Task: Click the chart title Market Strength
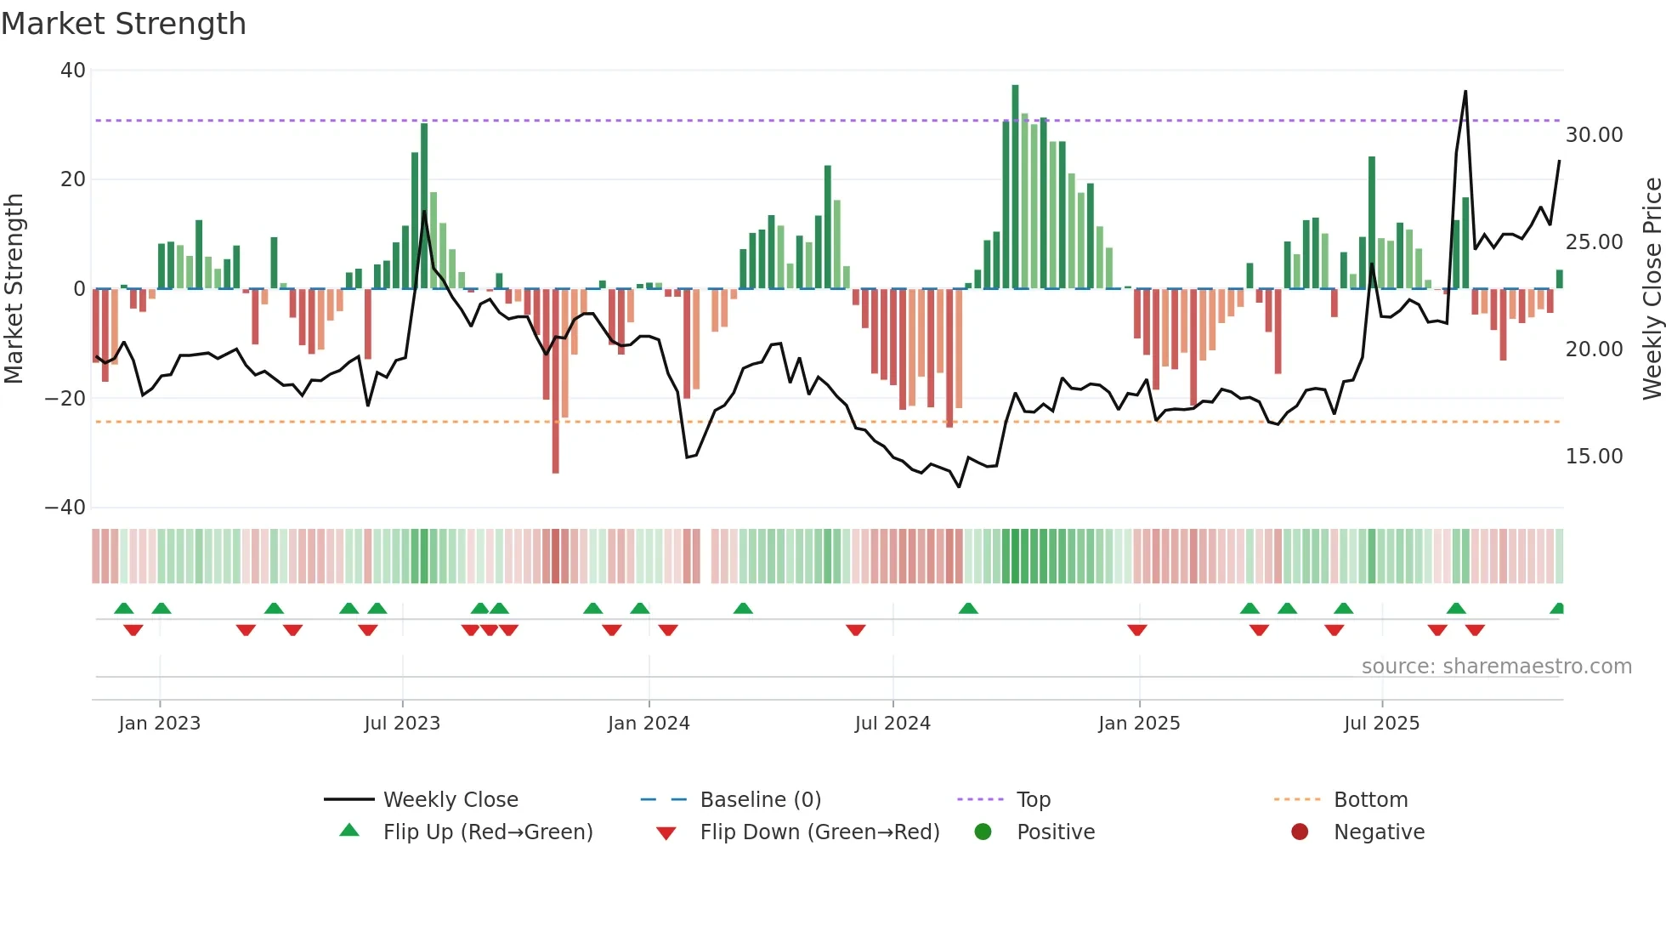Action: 123,24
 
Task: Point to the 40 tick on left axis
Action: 73,71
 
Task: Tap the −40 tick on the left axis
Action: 65,508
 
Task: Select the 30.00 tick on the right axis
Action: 1594,135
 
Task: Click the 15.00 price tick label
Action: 1594,457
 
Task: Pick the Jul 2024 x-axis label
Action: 892,724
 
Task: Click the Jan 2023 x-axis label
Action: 160,724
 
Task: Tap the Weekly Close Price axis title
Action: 1652,289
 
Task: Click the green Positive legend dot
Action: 983,832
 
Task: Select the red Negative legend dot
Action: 1300,832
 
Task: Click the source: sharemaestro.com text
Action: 1496,667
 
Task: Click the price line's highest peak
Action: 1465,92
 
